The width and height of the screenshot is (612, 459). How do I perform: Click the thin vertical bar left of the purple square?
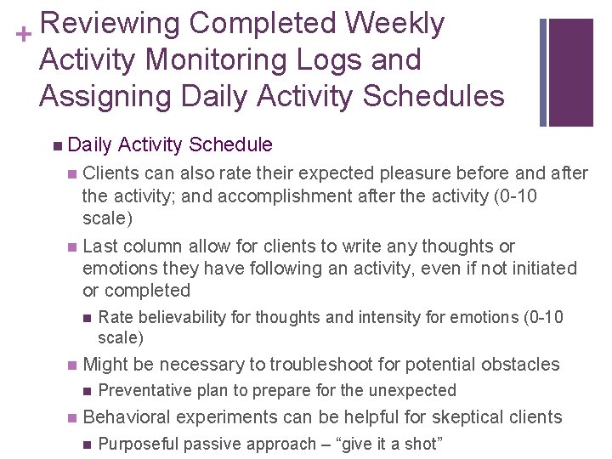pyautogui.click(x=543, y=72)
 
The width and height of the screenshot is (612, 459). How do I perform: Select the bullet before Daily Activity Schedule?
pyautogui.click(x=55, y=145)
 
